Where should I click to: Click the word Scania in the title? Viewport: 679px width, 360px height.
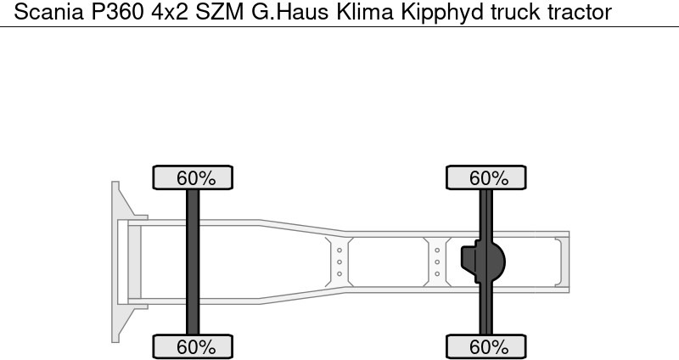point(48,12)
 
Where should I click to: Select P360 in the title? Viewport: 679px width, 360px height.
point(117,12)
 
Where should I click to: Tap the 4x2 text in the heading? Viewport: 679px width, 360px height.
point(169,12)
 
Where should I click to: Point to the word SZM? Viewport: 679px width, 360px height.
point(220,12)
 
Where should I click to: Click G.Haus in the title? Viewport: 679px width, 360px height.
point(290,12)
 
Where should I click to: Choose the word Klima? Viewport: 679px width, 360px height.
point(365,12)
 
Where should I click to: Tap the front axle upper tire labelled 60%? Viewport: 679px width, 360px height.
point(193,177)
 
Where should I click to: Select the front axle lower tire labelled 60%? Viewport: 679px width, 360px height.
point(193,346)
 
